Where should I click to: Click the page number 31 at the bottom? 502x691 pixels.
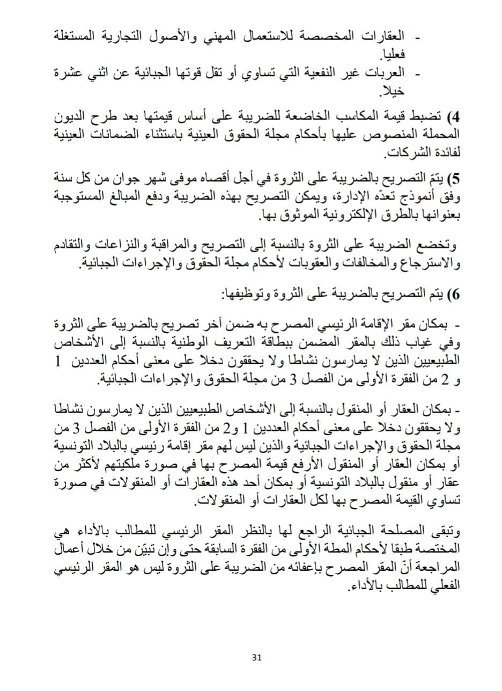click(x=255, y=659)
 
